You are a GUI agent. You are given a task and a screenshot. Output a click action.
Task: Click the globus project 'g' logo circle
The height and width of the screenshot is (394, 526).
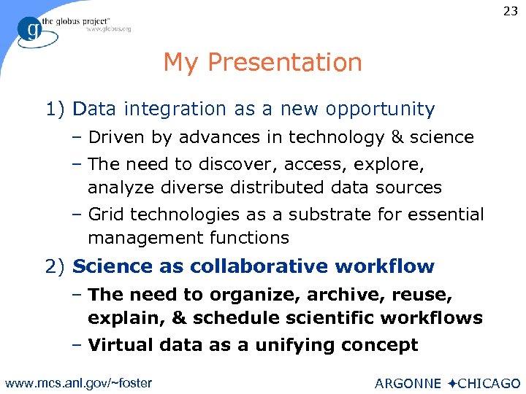click(x=31, y=31)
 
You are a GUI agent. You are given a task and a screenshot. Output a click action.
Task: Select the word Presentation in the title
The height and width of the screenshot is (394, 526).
click(x=284, y=63)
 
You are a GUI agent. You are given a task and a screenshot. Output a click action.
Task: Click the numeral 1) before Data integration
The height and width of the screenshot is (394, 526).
click(x=56, y=109)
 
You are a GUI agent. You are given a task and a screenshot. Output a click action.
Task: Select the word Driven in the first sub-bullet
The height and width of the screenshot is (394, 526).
click(x=113, y=137)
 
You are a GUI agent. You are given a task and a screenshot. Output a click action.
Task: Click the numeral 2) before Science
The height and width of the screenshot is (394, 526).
click(x=56, y=266)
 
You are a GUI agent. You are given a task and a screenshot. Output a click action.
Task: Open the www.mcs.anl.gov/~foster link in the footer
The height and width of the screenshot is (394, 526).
click(x=79, y=383)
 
